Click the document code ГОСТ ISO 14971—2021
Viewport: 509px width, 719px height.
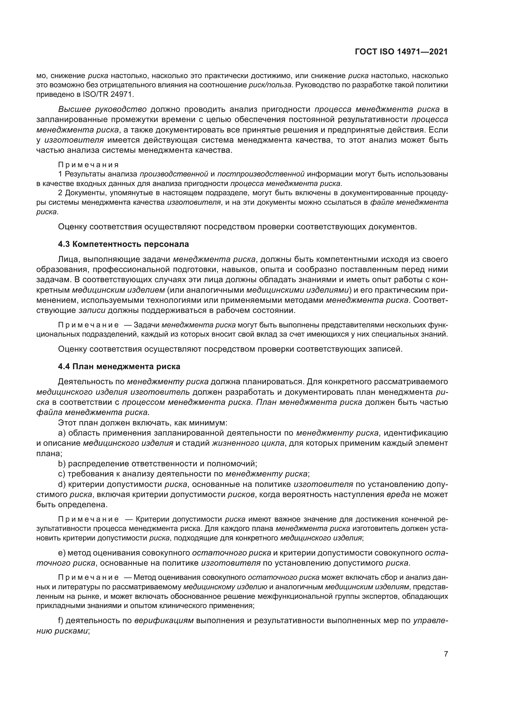click(x=401, y=52)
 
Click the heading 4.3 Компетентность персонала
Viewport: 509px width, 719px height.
click(x=123, y=244)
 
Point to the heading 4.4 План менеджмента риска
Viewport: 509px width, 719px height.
click(x=119, y=366)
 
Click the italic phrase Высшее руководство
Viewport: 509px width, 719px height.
click(x=102, y=109)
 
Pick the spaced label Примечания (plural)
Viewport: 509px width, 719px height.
click(x=88, y=165)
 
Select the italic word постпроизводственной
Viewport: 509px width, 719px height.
click(x=261, y=174)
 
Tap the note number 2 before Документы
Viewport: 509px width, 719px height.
click(x=60, y=193)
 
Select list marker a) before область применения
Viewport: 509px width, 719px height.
click(x=62, y=433)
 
